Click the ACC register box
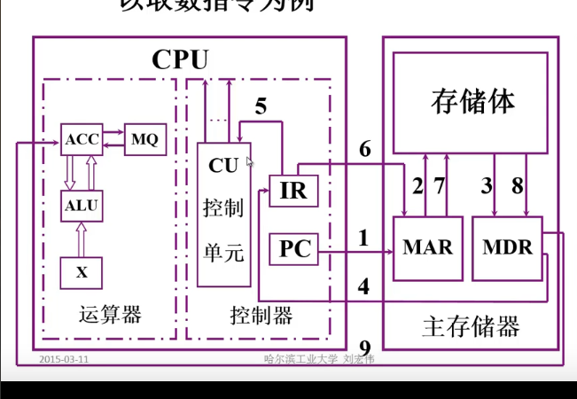(82, 139)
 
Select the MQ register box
(144, 139)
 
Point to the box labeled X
(82, 272)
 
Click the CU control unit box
(223, 213)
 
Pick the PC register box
(292, 250)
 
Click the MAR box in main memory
(427, 247)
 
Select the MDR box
(508, 247)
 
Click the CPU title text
(180, 59)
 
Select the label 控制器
(261, 315)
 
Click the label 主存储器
(471, 326)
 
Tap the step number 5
(261, 107)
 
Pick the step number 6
(364, 150)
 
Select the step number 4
(363, 286)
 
